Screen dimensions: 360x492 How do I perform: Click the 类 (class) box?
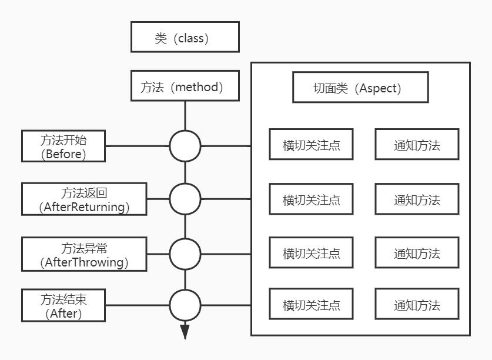[185, 38]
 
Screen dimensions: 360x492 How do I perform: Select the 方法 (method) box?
[185, 86]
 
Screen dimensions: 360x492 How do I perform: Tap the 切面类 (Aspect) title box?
[360, 88]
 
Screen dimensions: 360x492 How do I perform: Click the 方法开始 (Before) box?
[63, 146]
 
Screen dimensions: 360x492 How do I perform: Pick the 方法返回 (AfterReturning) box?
[84, 199]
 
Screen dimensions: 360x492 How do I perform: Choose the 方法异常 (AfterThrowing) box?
[84, 254]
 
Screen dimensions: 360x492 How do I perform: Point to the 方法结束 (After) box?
[63, 305]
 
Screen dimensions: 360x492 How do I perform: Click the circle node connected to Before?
[185, 146]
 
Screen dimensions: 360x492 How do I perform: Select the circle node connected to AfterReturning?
[185, 199]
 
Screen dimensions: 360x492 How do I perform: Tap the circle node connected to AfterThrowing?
[185, 254]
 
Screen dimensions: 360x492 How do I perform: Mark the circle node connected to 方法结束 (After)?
[185, 305]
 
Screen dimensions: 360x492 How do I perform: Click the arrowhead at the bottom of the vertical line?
[185, 332]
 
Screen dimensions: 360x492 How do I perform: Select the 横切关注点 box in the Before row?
[311, 144]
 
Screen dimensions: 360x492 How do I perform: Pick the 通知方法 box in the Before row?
[417, 144]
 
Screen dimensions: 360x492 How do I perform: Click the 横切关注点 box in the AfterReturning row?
[311, 199]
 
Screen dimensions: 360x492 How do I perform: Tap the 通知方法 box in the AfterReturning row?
[417, 199]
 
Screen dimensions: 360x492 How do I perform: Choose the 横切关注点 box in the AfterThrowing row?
[311, 254]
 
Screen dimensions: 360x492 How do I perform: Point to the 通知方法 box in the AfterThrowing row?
[417, 254]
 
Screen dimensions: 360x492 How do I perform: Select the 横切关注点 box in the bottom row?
[311, 305]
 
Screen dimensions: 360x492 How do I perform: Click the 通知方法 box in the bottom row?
[417, 305]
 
